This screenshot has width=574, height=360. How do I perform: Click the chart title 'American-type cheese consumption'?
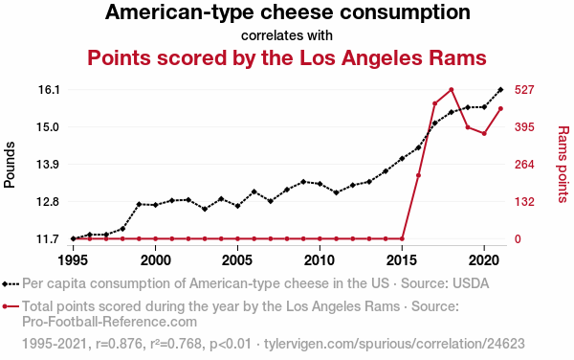[x=287, y=13]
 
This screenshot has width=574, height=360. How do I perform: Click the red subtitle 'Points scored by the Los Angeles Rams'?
[x=287, y=57]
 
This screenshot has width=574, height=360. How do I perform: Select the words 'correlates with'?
[x=287, y=35]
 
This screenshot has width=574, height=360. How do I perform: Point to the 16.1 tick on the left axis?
[x=48, y=90]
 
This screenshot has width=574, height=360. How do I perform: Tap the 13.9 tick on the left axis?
[x=48, y=165]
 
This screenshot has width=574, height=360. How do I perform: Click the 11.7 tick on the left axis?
[x=48, y=239]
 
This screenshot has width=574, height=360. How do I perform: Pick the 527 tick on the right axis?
[x=531, y=90]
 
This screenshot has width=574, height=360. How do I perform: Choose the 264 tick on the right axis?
[x=531, y=165]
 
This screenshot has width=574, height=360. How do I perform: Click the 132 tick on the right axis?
[x=531, y=202]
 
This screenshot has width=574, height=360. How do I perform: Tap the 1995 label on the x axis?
[x=74, y=259]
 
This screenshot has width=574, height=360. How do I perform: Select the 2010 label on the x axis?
[x=320, y=259]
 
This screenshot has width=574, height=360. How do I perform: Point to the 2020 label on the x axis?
[x=484, y=259]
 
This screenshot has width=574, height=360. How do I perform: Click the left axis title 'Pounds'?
[x=11, y=165]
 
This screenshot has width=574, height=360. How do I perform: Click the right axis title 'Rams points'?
[x=563, y=165]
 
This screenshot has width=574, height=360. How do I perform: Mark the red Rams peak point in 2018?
[x=451, y=90]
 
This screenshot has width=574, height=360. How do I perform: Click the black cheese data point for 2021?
[x=500, y=90]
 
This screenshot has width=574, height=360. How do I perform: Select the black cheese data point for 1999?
[x=139, y=204]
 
